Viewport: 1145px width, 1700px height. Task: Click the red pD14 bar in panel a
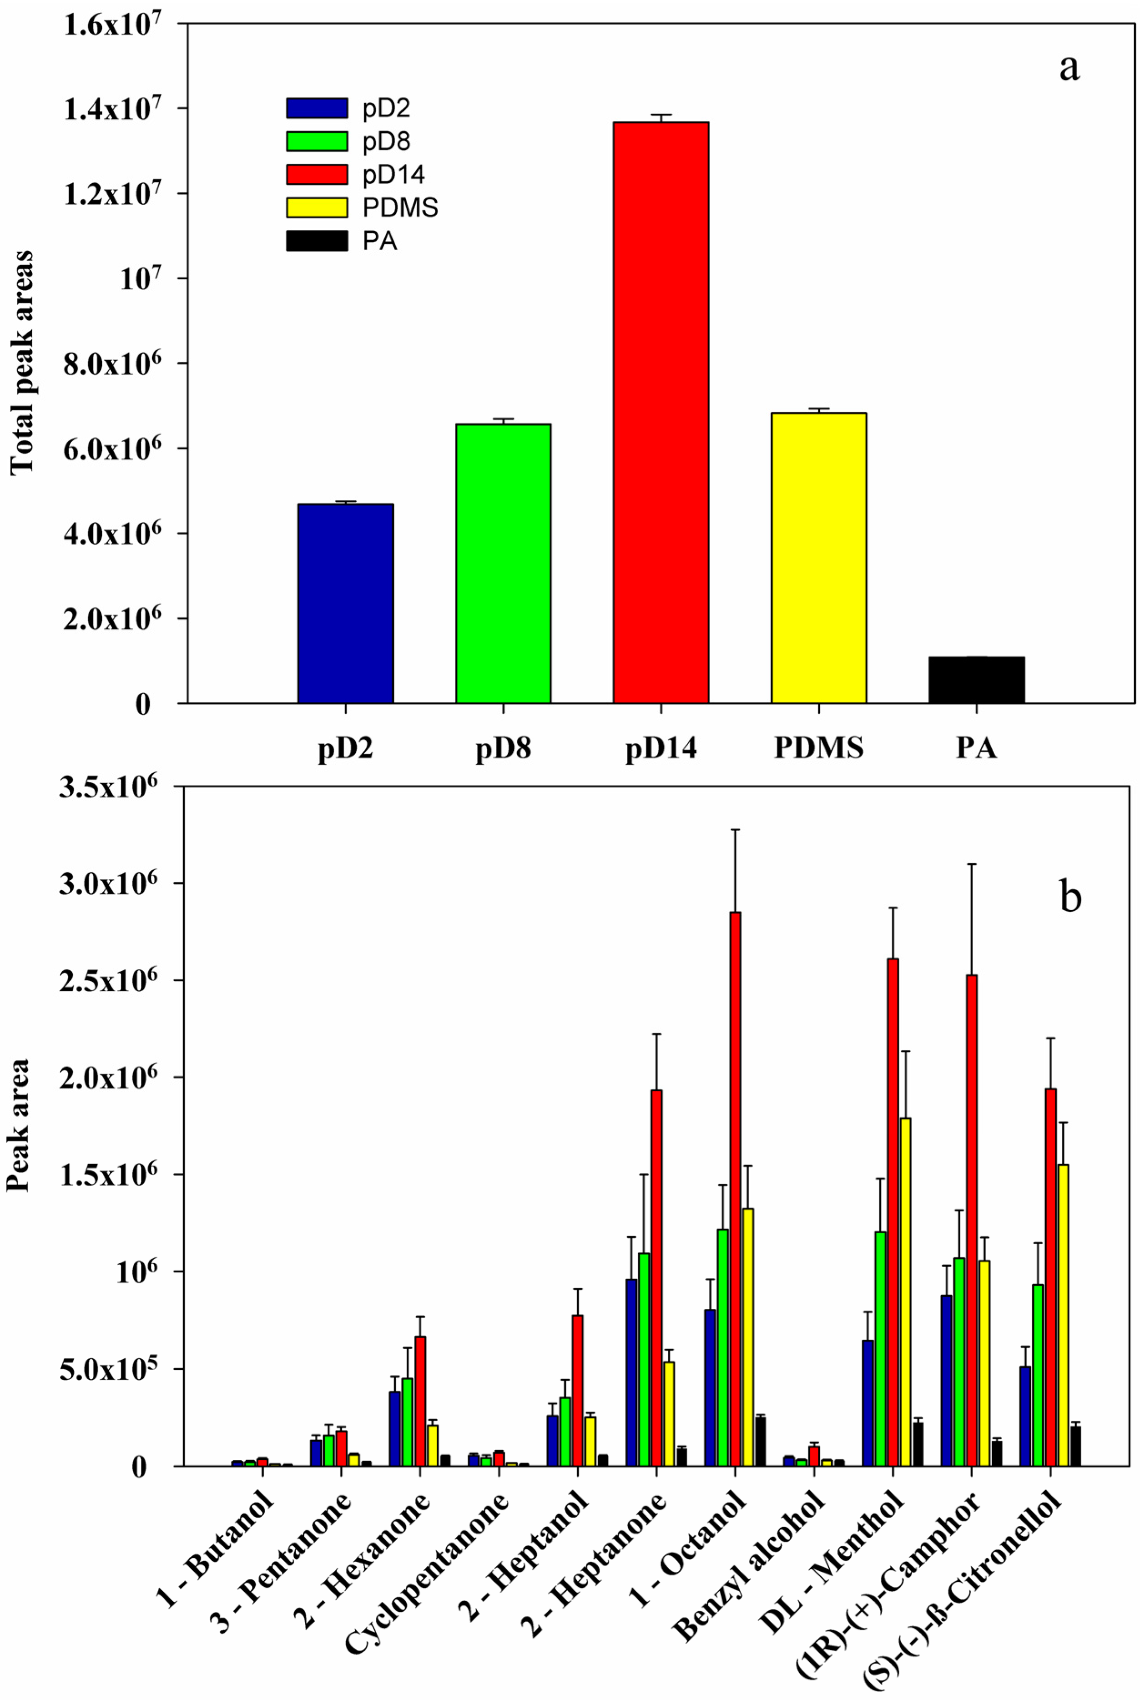click(x=661, y=413)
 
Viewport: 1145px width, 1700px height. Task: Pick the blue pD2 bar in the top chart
click(x=345, y=603)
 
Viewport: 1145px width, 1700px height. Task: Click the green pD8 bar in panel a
click(x=503, y=563)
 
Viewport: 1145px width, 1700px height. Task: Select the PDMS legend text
click(x=400, y=208)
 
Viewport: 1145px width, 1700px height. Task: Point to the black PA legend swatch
click(x=316, y=241)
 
